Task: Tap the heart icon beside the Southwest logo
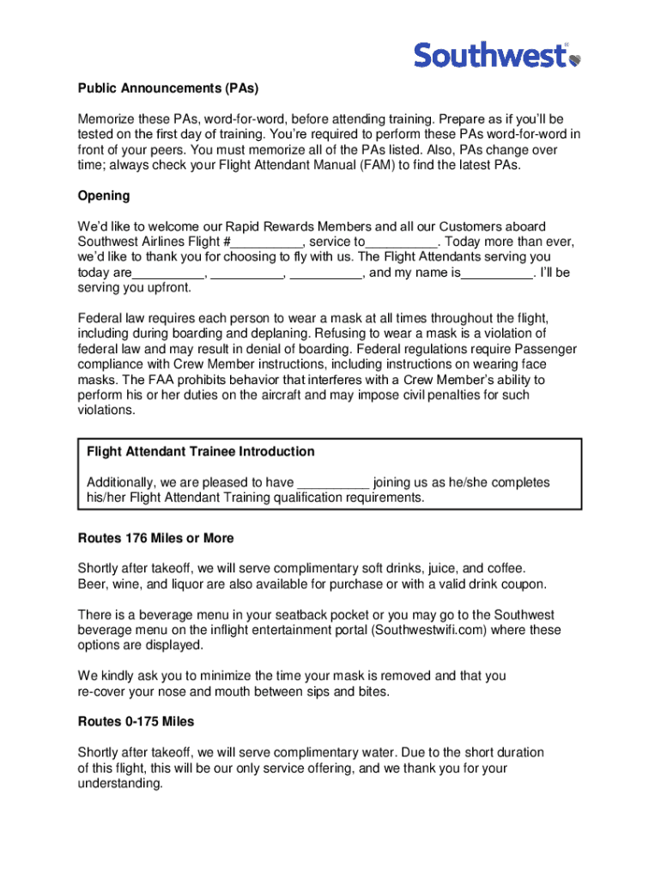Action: click(x=574, y=59)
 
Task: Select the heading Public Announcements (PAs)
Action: click(x=168, y=89)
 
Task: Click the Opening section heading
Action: click(x=104, y=196)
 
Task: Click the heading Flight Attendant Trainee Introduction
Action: click(x=201, y=452)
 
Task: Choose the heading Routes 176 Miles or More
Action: click(x=155, y=538)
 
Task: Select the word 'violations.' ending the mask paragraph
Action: click(x=106, y=411)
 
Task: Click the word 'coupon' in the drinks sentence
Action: click(x=521, y=584)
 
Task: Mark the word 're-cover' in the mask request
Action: click(x=102, y=691)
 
